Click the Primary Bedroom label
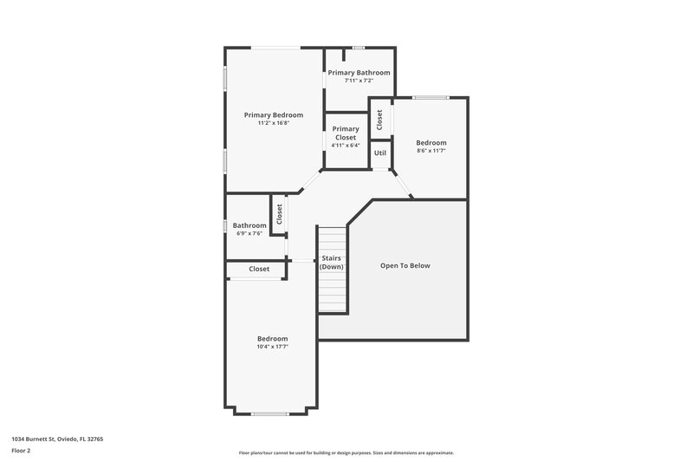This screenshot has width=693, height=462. [273, 115]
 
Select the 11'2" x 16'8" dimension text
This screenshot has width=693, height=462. [273, 123]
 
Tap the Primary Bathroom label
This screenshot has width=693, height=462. [359, 73]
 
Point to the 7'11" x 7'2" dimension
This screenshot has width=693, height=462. [359, 81]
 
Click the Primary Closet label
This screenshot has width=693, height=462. [346, 133]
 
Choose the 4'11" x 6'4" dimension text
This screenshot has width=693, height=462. [346, 146]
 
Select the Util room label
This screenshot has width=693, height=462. [379, 153]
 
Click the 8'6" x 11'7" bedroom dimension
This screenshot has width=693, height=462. [431, 151]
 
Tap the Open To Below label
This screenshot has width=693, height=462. [405, 266]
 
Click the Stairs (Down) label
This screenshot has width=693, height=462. [332, 263]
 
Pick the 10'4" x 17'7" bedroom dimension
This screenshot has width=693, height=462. [272, 346]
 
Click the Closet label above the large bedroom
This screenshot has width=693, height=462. [259, 270]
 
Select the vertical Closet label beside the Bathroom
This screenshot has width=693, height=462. [279, 214]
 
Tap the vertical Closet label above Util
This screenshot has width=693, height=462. [379, 119]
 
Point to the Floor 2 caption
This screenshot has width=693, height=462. [21, 451]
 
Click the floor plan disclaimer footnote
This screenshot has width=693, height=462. [346, 452]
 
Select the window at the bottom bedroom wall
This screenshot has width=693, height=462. [269, 413]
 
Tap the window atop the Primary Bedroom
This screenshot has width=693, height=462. [276, 47]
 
